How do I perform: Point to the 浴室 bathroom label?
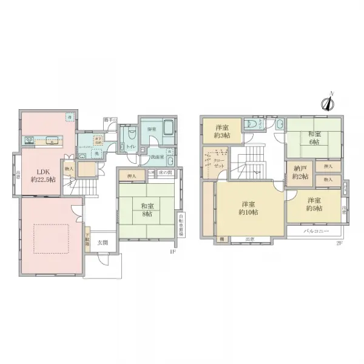152,129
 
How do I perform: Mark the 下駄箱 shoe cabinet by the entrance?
87,239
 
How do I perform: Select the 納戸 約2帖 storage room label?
298,172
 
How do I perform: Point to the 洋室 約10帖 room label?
249,208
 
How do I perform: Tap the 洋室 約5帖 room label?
313,204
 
